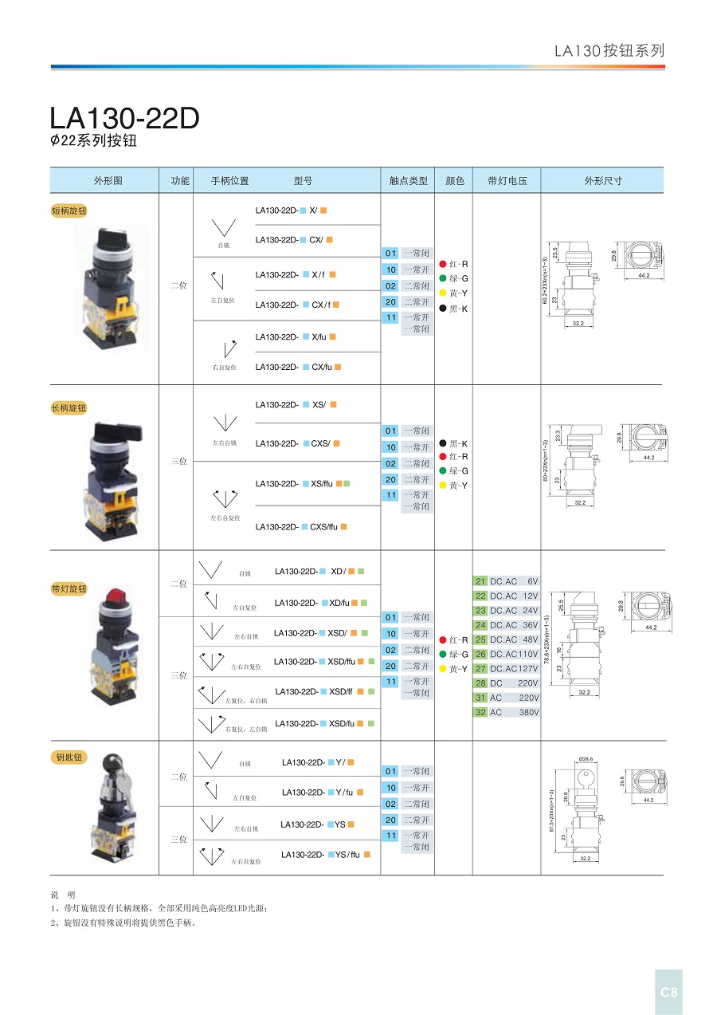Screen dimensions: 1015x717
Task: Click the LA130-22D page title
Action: (x=124, y=118)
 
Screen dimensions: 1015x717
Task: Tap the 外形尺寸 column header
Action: (x=602, y=181)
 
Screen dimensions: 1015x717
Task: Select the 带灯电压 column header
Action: (x=507, y=181)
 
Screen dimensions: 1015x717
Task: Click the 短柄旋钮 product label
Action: (x=69, y=210)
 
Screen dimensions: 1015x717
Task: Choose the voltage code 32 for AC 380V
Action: (x=480, y=712)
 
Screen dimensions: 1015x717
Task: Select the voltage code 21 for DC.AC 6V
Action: (x=480, y=581)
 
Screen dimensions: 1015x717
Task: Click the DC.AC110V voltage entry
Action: (x=514, y=654)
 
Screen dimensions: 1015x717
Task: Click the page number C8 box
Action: (x=668, y=992)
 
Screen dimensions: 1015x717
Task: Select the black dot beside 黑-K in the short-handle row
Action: (x=442, y=309)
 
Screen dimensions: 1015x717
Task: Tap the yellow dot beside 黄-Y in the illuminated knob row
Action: (x=442, y=669)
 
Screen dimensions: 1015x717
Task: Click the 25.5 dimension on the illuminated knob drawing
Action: (x=560, y=606)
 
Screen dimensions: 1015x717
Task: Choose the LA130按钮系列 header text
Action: (x=609, y=50)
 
